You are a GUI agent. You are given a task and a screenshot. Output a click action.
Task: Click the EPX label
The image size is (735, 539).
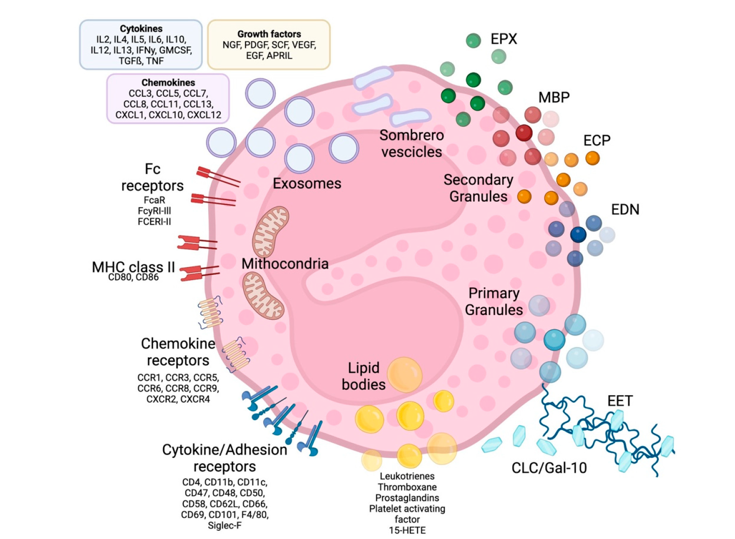click(503, 39)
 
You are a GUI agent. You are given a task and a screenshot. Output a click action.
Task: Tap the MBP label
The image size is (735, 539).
click(554, 97)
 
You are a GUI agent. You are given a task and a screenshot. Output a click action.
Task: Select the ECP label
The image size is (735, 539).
click(596, 141)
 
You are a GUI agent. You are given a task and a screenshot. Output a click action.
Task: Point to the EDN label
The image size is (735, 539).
click(625, 210)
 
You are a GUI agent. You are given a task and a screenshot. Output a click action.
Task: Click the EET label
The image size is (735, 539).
click(620, 400)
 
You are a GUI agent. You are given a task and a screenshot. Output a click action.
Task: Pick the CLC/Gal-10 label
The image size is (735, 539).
click(549, 468)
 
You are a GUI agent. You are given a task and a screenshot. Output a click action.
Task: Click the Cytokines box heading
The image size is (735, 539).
click(141, 29)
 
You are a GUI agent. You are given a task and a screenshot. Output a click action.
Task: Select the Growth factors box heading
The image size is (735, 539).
click(269, 34)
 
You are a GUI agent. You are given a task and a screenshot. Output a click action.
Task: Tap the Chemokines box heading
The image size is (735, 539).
click(168, 82)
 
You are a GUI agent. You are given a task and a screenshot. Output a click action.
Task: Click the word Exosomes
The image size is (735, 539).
click(307, 183)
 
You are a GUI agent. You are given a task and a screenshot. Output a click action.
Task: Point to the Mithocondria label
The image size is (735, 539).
click(285, 263)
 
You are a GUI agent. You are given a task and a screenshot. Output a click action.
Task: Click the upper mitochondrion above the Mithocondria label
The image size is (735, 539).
click(271, 231)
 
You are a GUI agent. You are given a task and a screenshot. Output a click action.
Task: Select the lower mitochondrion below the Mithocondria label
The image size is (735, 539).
click(262, 295)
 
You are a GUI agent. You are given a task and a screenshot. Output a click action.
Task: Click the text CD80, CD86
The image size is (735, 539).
click(133, 277)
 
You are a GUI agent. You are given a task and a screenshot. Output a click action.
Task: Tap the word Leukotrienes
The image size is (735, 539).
click(407, 476)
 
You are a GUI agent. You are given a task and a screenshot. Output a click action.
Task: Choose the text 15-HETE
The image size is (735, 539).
click(407, 530)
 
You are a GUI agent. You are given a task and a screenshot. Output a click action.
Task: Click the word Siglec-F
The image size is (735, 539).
click(225, 526)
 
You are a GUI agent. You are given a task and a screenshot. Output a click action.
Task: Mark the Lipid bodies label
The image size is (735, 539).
click(363, 376)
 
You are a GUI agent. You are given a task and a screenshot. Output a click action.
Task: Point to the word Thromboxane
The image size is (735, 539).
click(407, 487)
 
